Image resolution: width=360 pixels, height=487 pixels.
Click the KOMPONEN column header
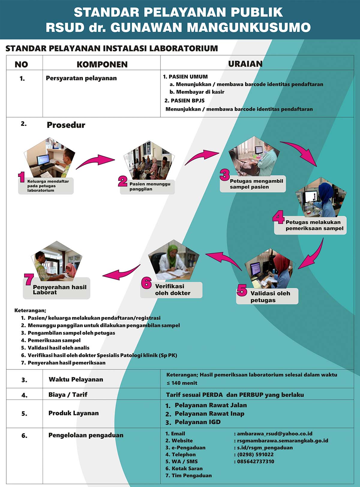pyautogui.click(x=102, y=64)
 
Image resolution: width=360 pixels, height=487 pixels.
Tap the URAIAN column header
pyautogui.click(x=245, y=64)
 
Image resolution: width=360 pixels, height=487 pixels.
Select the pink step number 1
pyautogui.click(x=21, y=177)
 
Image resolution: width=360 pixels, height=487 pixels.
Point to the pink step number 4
pyautogui.click(x=278, y=217)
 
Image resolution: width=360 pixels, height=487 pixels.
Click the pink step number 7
pyautogui.click(x=29, y=279)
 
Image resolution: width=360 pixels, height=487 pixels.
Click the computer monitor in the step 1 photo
pyautogui.click(x=43, y=160)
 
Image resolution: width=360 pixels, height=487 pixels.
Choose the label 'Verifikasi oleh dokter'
pyautogui.click(x=172, y=290)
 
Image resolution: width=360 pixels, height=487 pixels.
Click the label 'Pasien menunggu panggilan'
pyautogui.click(x=150, y=187)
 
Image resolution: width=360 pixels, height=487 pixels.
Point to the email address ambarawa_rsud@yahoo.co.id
pyautogui.click(x=274, y=434)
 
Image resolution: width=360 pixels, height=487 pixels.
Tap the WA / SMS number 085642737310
pyautogui.click(x=256, y=461)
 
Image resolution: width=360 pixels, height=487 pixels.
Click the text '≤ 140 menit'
pyautogui.click(x=182, y=383)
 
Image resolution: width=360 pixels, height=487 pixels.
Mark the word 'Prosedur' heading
pyautogui.click(x=66, y=125)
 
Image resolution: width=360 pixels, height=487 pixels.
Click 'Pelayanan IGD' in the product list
pyautogui.click(x=198, y=422)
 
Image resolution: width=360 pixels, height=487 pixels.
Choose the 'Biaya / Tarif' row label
pyautogui.click(x=68, y=395)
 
